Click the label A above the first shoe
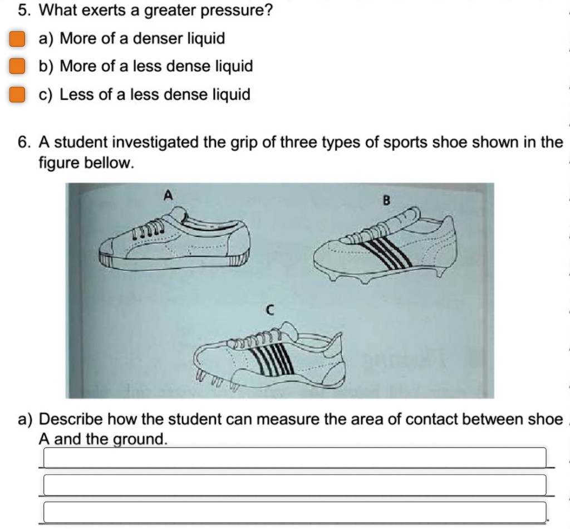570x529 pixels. coord(168,195)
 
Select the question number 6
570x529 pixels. coord(23,143)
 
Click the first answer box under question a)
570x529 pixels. coord(294,458)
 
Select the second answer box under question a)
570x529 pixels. coord(294,485)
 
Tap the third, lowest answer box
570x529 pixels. coord(294,512)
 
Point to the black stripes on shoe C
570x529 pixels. coord(273,356)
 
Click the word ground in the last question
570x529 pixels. coord(139,439)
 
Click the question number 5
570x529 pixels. coord(23,11)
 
